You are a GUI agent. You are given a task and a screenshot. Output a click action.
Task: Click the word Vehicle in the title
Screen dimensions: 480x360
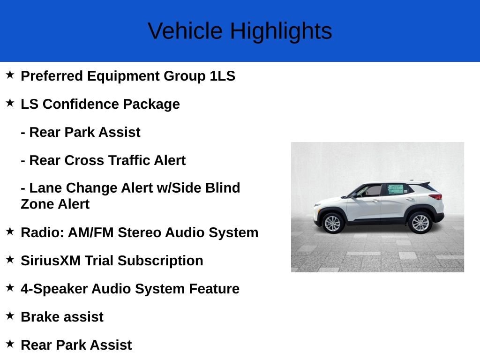point(185,30)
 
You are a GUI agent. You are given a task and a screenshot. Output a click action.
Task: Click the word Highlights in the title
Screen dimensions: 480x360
point(281,31)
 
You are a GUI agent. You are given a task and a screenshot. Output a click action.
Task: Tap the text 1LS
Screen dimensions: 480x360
point(223,75)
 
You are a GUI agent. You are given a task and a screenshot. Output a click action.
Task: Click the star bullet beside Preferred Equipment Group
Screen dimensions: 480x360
point(10,75)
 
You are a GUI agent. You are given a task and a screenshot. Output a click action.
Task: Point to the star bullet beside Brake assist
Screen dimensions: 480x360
point(10,315)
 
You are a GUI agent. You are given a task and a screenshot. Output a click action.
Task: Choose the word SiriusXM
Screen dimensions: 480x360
point(51,261)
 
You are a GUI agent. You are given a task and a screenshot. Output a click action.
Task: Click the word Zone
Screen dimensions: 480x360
point(37,204)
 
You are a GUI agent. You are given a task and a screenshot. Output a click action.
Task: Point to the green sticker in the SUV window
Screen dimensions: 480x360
point(396,189)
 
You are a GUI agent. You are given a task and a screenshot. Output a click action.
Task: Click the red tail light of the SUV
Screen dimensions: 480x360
point(435,196)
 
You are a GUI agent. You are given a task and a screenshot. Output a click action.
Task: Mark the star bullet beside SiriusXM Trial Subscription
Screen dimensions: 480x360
point(10,259)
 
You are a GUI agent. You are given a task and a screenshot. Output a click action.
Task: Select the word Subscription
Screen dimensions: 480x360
point(160,261)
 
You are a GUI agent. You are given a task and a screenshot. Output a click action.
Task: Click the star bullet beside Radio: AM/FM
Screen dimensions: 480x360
point(10,231)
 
